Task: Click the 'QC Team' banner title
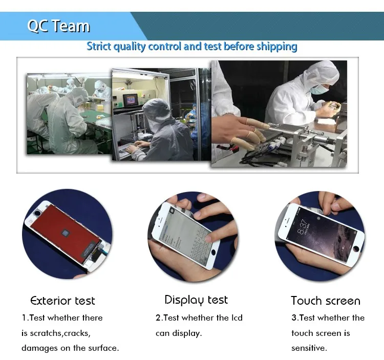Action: (59, 26)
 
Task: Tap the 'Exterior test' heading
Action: (62, 301)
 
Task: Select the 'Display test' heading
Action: (196, 300)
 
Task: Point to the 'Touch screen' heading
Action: (326, 301)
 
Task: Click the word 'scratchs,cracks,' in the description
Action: (60, 333)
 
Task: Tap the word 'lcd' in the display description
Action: (237, 317)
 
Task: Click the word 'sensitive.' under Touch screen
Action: (309, 348)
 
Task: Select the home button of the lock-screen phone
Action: (356, 249)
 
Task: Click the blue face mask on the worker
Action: (318, 90)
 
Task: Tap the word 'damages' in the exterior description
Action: (39, 349)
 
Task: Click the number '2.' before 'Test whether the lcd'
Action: (159, 317)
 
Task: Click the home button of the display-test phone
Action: (213, 252)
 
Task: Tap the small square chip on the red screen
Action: (66, 234)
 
